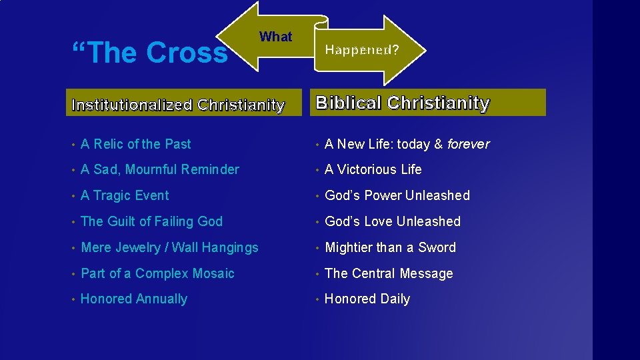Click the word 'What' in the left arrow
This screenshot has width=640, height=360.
point(275,37)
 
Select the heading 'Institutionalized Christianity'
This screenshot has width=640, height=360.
point(178,105)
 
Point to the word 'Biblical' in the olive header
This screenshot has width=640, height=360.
point(348,103)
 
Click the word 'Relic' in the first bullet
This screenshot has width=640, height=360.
point(108,144)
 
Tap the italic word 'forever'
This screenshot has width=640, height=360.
point(468,144)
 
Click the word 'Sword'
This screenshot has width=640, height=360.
point(437,248)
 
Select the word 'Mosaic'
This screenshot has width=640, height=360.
point(213,273)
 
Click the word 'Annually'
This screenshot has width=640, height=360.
point(161,299)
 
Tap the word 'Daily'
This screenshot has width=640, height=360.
point(395,299)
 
